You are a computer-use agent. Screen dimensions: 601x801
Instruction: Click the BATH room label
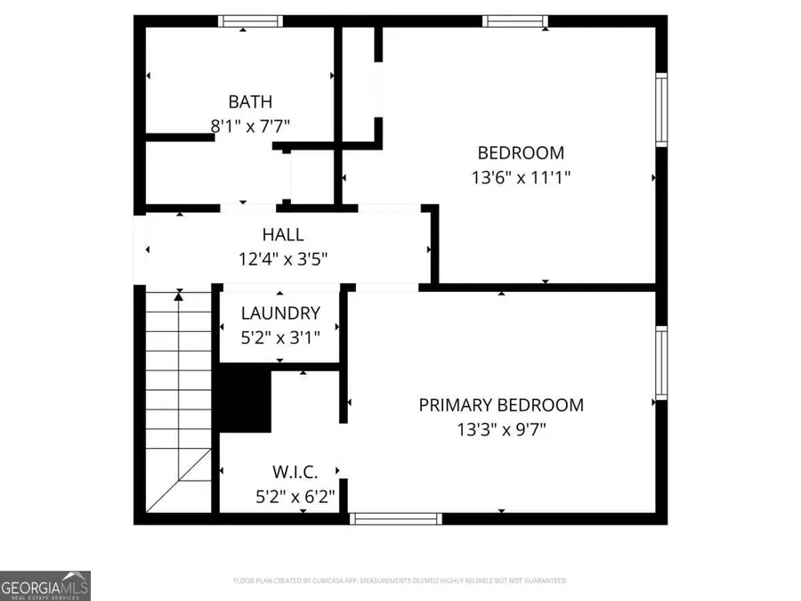[x=250, y=102]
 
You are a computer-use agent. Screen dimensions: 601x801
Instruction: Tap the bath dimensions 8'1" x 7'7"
[x=250, y=126]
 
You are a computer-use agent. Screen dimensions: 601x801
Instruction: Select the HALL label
[x=283, y=235]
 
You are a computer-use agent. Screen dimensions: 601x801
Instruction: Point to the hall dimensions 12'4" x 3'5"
[x=283, y=260]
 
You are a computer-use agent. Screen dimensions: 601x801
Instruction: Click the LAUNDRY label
[x=280, y=313]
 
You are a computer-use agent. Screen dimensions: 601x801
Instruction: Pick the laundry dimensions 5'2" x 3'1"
[x=280, y=337]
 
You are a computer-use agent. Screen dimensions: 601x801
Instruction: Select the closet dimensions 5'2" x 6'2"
[x=295, y=496]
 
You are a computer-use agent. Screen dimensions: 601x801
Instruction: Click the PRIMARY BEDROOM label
[x=501, y=405]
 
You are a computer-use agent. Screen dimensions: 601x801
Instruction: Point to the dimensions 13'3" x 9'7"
[x=501, y=430]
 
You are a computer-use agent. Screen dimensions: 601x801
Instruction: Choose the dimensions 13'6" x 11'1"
[x=521, y=177]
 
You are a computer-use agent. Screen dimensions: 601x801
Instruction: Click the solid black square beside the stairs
[x=245, y=401]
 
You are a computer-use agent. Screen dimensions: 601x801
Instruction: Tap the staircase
[x=178, y=401]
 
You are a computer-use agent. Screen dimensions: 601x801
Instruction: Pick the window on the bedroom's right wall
[x=661, y=108]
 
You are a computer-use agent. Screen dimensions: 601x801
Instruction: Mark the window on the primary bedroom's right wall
[x=661, y=361]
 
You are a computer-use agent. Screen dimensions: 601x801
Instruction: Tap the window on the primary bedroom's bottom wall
[x=395, y=518]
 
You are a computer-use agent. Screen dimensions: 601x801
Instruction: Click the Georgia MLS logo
[x=44, y=586]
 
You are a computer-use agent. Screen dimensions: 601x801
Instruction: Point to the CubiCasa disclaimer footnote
[x=400, y=581]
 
